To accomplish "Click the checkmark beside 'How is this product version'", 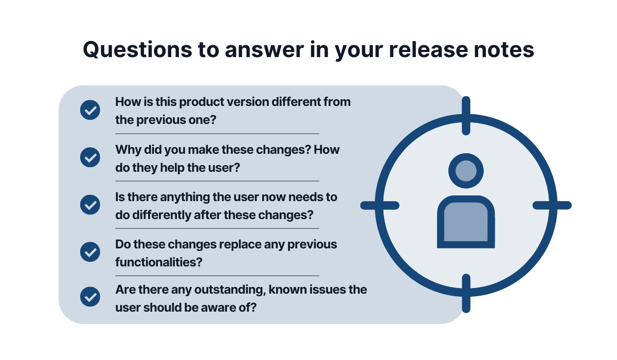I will (90, 110).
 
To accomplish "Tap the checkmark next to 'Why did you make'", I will (90, 157).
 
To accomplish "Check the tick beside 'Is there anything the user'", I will (90, 205).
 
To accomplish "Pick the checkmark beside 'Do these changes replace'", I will (90, 252).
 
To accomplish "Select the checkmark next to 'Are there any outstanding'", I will (90, 297).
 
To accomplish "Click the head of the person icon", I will (466, 171).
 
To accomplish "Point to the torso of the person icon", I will (466, 222).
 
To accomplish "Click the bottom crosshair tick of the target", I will (466, 294).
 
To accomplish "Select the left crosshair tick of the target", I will (380, 205).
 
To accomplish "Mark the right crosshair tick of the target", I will (552, 205).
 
